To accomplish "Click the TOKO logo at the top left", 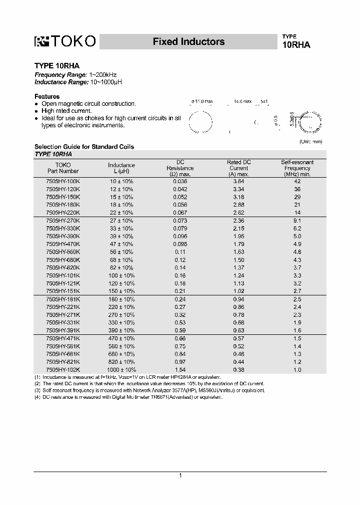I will (64, 42).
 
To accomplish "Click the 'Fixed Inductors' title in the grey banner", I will (188, 42).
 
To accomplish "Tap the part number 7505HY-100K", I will (62, 182).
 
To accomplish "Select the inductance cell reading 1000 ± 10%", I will (121, 370).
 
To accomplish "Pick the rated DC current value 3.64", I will (239, 182).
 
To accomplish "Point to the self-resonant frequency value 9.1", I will (297, 221).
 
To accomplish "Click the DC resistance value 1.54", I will (180, 370).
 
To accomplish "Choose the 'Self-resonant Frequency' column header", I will (297, 168).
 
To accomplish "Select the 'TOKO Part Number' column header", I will (62, 168).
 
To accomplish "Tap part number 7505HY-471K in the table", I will (62, 338).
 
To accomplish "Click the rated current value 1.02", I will (239, 291).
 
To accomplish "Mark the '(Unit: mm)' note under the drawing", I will (311, 142).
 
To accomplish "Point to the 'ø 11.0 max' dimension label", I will (202, 101).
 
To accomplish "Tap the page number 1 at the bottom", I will (180, 476).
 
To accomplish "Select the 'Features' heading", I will (47, 96).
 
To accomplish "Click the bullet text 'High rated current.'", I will (66, 111).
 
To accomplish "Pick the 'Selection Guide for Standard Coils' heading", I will (84, 147).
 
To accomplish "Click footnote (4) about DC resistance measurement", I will (128, 397).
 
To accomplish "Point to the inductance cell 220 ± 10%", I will (121, 307).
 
